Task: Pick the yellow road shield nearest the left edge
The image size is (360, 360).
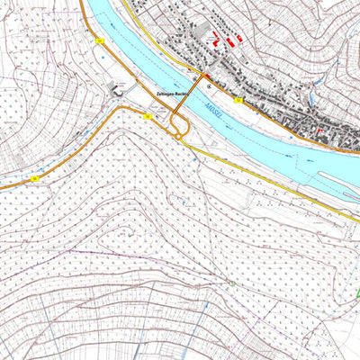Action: point(34,178)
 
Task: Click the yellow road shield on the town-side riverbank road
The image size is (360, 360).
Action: point(238,101)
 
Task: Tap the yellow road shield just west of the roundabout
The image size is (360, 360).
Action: point(146,117)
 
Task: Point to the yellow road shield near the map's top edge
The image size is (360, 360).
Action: point(101,41)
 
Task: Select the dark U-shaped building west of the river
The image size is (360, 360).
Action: point(118,87)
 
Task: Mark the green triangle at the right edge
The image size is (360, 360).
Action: point(358,292)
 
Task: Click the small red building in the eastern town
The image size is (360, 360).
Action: point(319,132)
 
